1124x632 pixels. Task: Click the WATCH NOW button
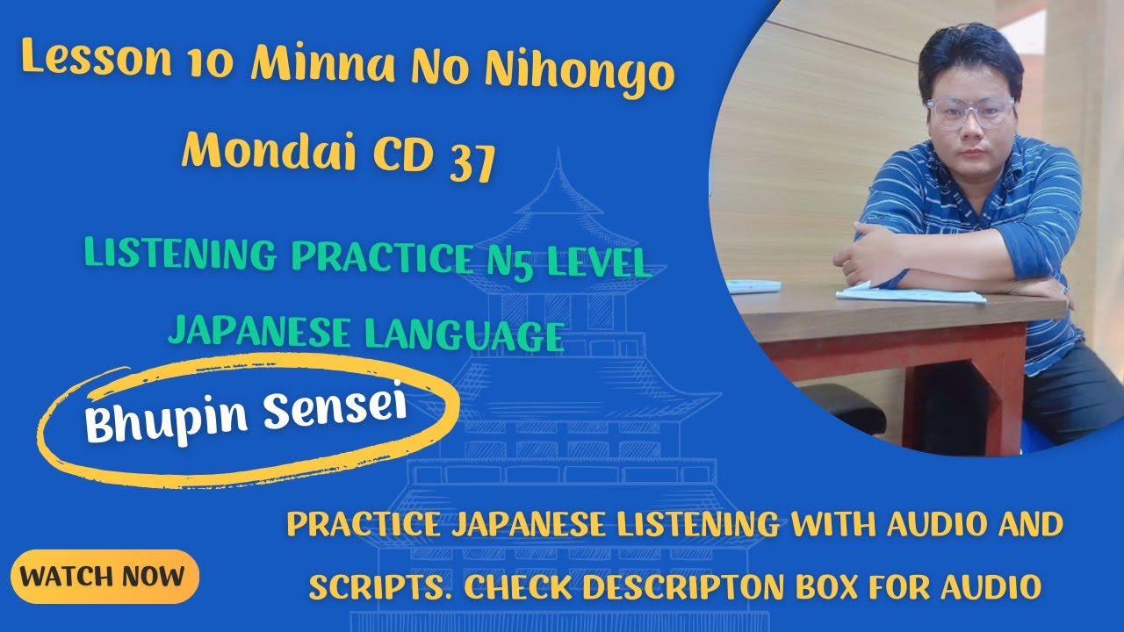coord(104,577)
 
